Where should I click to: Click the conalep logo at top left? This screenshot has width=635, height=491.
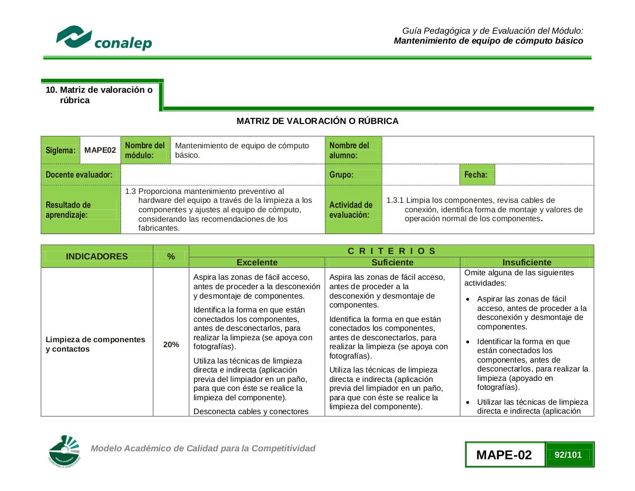point(104,38)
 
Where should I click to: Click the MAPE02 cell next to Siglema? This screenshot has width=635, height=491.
point(100,150)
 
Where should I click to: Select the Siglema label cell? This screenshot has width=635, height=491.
point(61,150)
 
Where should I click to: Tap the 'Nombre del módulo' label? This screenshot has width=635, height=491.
point(145,150)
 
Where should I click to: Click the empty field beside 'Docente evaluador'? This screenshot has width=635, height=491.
point(222,175)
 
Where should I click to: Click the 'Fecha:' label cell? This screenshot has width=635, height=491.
point(476,175)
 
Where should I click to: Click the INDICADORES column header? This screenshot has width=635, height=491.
point(97,256)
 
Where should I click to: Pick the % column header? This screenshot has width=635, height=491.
point(171,256)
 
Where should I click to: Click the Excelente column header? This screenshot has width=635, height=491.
point(257,262)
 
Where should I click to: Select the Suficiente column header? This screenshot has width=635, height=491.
point(392,262)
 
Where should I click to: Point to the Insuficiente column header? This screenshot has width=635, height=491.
point(527,262)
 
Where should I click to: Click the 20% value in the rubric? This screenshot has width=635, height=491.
point(171,345)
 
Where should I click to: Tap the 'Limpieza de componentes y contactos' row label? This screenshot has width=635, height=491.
point(95,344)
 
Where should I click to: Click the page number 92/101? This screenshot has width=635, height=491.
point(569,455)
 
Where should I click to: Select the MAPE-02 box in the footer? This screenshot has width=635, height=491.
point(504,455)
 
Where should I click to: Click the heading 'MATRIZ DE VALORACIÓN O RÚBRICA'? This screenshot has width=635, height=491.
point(317,121)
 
